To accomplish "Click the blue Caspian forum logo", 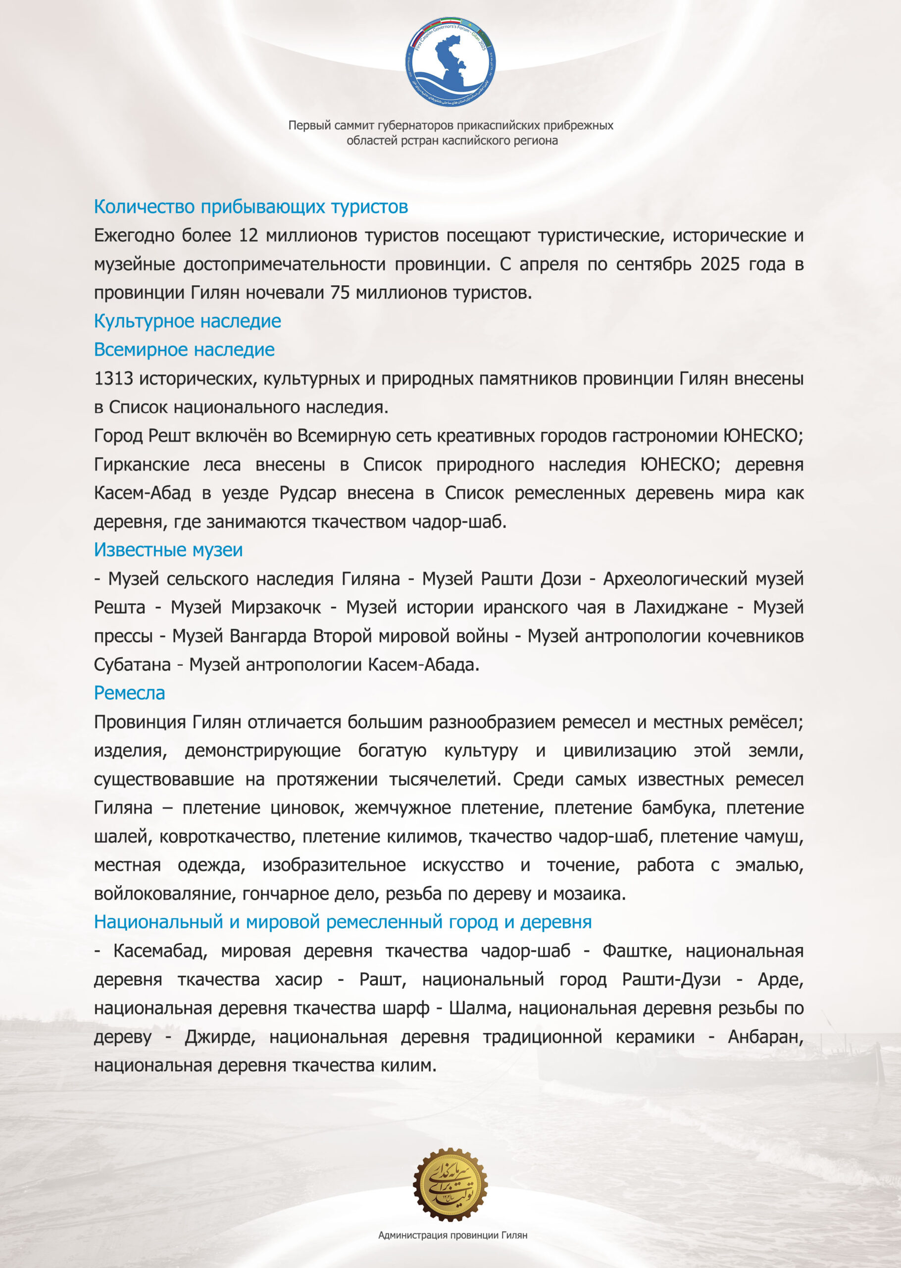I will tap(450, 61).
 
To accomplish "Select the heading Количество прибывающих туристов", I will tap(251, 207).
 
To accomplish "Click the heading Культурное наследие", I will tap(188, 321).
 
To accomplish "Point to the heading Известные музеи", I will tap(168, 550).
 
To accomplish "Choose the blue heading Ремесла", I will tap(129, 693).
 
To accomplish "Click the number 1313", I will tap(114, 378).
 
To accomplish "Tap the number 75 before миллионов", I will tap(340, 292).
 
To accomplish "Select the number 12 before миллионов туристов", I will tap(249, 235).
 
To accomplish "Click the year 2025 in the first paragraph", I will tap(720, 264).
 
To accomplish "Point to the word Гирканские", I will tap(142, 465).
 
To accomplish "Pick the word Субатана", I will tap(132, 664).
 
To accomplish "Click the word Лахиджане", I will tap(681, 607).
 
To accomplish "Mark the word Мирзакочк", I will tap(276, 607).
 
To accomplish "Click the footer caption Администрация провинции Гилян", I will tap(452, 1235).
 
